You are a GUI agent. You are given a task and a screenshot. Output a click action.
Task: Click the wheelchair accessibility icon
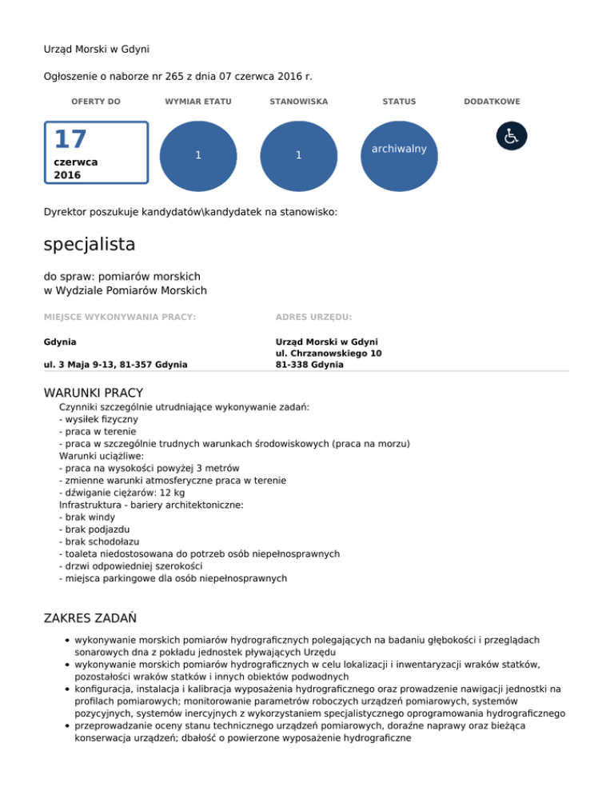pos(512,136)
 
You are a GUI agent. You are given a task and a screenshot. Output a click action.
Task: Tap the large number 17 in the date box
pos(70,140)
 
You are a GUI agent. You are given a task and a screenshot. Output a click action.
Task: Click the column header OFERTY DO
pos(96,102)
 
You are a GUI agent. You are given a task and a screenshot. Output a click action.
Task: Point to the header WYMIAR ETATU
pos(197,102)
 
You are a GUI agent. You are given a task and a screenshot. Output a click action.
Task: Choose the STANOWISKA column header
pos(299,102)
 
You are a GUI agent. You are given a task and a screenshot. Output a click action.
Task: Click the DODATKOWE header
pos(492,102)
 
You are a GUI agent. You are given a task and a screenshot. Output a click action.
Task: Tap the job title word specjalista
pos(90,243)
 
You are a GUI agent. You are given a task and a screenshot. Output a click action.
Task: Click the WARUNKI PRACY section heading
pos(94,393)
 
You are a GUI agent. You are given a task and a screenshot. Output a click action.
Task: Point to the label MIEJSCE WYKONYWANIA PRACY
pos(120,318)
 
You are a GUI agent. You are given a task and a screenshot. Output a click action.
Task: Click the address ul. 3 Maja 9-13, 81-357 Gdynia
pos(116,365)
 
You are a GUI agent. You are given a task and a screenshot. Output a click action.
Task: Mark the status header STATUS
pos(399,102)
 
